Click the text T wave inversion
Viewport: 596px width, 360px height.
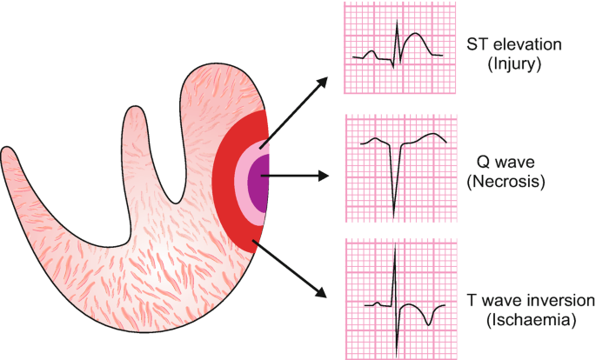pos(530,300)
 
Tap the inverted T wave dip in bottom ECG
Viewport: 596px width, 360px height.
pos(429,324)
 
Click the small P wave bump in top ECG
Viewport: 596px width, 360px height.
pos(372,51)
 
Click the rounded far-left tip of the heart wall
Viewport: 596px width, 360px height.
pos(9,157)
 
